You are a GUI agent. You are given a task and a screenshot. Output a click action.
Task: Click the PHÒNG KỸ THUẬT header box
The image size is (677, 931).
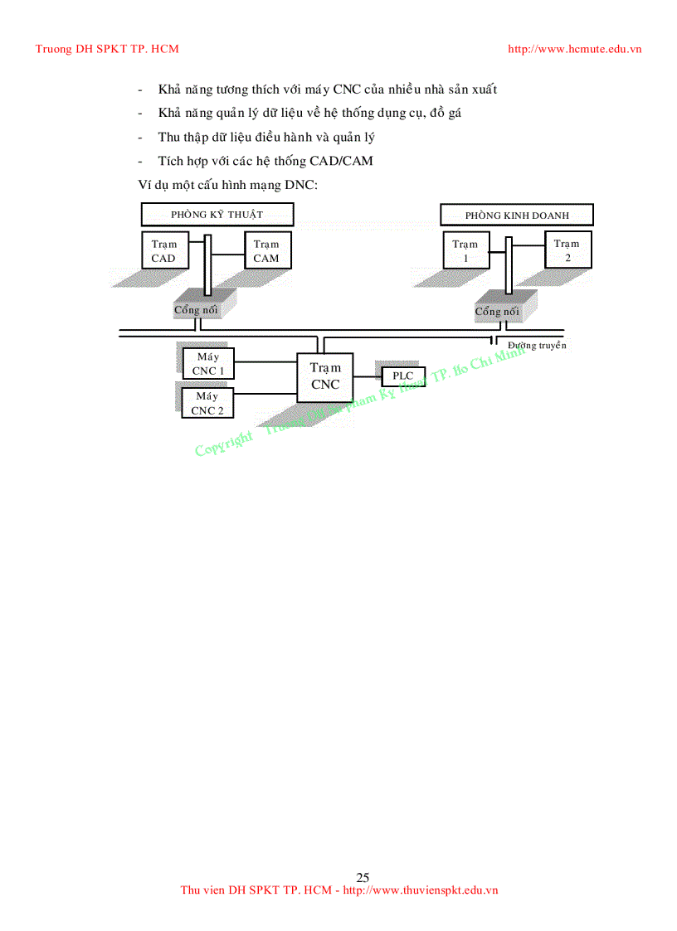click(x=217, y=215)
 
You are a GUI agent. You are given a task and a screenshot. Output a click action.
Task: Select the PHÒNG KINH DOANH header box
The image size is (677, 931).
click(x=517, y=216)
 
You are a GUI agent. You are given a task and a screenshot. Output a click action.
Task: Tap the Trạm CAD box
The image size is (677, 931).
click(x=163, y=250)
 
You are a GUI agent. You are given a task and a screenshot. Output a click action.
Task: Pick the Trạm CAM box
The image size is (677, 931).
click(x=266, y=250)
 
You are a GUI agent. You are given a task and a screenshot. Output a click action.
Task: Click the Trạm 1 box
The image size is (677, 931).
click(x=465, y=250)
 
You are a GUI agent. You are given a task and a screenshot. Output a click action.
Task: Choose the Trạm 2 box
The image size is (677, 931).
click(x=567, y=250)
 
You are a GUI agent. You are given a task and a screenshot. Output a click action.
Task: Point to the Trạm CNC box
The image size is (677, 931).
click(x=325, y=376)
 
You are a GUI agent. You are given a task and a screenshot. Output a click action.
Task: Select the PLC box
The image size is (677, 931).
click(x=402, y=376)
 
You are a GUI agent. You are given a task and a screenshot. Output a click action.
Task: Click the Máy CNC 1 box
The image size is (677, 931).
click(x=208, y=364)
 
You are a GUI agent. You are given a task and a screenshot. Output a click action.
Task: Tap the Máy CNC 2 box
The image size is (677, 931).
click(x=207, y=403)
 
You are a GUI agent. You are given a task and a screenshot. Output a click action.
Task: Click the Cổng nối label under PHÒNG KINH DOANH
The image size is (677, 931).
click(x=497, y=312)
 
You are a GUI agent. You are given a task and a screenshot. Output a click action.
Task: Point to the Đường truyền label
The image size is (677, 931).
click(x=537, y=345)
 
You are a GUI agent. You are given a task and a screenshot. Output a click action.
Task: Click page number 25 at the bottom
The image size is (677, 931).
click(x=363, y=877)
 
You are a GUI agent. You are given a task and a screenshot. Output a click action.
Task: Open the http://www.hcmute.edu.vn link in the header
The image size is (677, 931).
click(x=574, y=49)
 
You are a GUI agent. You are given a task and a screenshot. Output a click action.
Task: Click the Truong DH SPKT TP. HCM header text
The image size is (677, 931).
click(x=107, y=49)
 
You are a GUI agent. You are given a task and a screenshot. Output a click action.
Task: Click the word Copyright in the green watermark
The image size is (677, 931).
click(x=224, y=444)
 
